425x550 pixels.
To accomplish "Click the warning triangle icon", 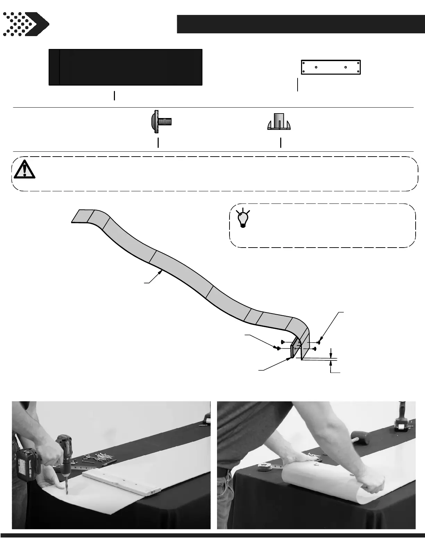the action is coord(24,169).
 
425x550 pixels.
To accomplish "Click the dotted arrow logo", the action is coord(26,24).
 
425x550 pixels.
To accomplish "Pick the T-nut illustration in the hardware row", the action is coord(279,122).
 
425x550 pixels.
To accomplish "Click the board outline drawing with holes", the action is coord(331,67).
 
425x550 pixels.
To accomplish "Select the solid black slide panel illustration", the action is coord(125,67).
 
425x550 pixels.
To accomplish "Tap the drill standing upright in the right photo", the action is coord(401,418).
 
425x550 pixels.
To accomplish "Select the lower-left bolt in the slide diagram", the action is coord(278,348).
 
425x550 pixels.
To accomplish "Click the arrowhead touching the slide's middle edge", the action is coord(161,272).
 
